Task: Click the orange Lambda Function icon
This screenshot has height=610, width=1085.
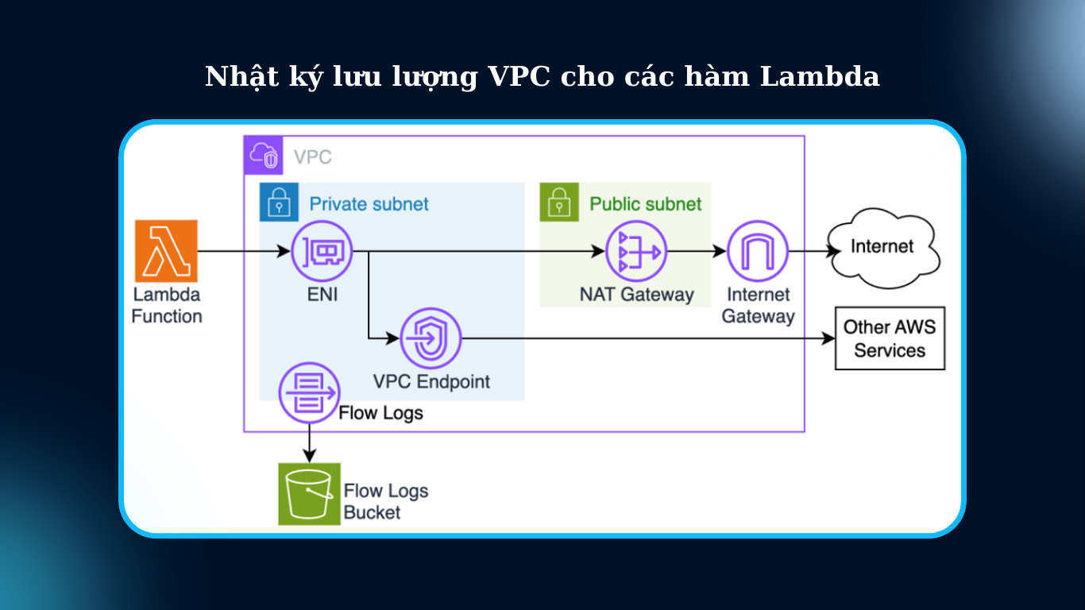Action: [166, 252]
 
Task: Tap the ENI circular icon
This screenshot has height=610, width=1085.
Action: [322, 252]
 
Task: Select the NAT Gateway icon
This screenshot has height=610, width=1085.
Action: [636, 252]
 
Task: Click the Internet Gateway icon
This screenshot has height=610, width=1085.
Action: [757, 252]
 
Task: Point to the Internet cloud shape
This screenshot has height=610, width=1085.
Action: [882, 247]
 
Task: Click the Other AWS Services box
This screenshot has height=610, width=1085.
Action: [890, 338]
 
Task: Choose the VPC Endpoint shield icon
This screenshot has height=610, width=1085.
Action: [431, 339]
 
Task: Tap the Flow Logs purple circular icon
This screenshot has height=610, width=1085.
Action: [309, 392]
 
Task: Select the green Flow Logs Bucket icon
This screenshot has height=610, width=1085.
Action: [309, 494]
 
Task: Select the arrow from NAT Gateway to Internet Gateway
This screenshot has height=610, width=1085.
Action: [697, 252]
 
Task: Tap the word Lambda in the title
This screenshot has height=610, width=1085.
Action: [820, 77]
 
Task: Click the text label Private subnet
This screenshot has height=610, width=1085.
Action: [369, 204]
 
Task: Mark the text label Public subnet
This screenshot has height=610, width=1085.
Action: [645, 204]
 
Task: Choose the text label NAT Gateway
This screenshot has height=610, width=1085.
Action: [636, 295]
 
